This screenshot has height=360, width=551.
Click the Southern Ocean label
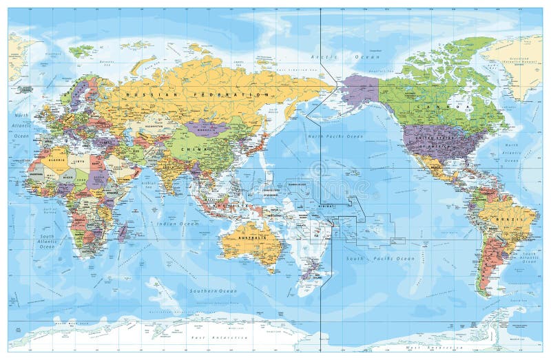(213, 291)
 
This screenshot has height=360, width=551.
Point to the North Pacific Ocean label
(334, 137)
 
